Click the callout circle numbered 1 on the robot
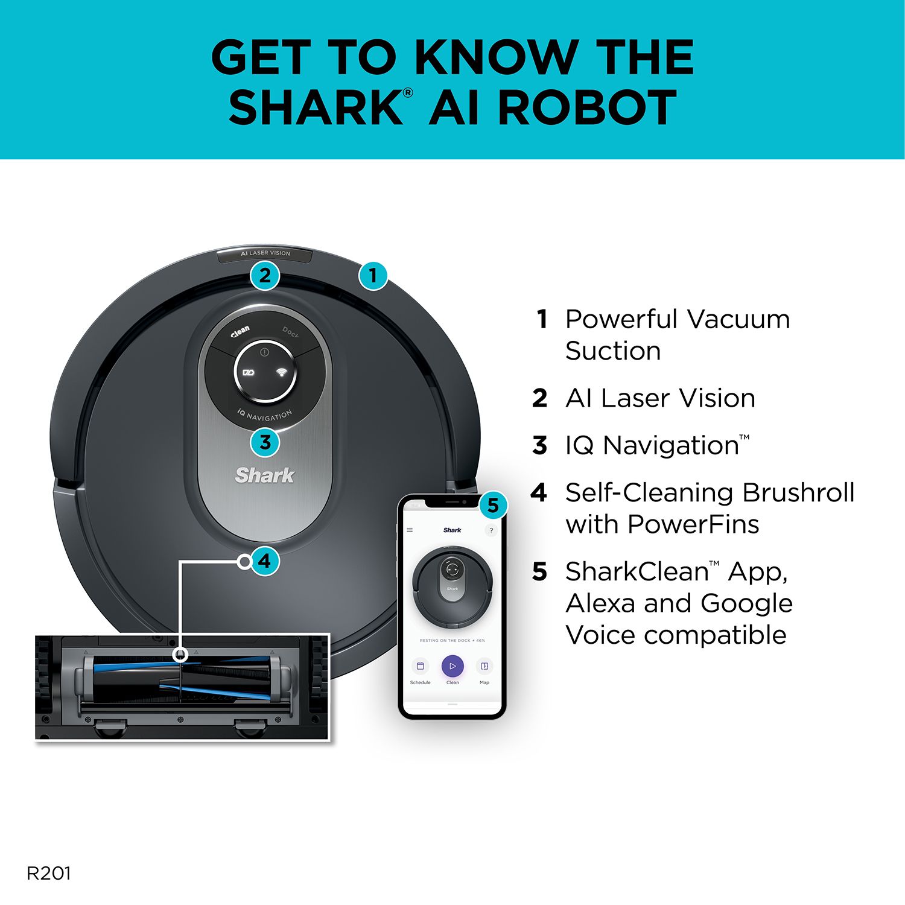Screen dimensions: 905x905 tap(373, 276)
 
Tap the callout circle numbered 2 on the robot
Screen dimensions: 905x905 tap(265, 276)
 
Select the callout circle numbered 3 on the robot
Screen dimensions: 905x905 tap(265, 442)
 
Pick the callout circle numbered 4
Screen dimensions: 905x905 tap(264, 562)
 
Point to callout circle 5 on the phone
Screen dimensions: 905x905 tap(493, 505)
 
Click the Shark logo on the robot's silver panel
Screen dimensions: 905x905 tap(265, 475)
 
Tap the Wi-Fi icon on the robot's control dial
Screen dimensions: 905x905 tap(281, 372)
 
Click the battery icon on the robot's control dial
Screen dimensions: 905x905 tap(249, 372)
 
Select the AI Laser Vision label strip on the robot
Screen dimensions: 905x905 tap(265, 254)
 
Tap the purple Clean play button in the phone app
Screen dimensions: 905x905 tap(453, 666)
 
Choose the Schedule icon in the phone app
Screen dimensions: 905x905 tap(420, 666)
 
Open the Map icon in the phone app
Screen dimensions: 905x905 tap(484, 666)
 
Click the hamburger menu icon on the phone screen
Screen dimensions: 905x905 tap(410, 530)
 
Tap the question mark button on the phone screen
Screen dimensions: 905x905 tap(491, 530)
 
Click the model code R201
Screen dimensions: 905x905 tap(49, 873)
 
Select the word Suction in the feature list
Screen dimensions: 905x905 tap(613, 351)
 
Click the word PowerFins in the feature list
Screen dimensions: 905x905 tap(693, 524)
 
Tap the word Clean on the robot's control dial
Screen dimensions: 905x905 tap(240, 332)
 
